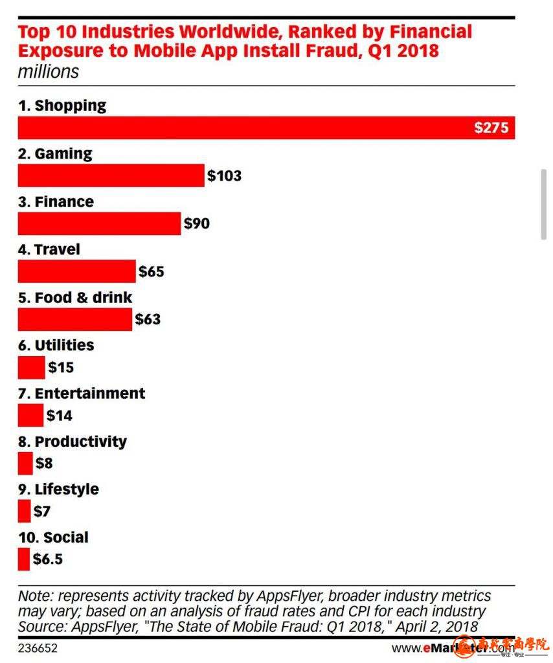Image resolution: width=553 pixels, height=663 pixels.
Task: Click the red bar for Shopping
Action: point(259,128)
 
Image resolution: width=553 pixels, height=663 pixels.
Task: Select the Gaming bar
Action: point(111,175)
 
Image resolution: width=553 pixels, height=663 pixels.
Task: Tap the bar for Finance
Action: point(99,223)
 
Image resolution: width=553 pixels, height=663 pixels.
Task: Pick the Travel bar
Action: point(76,271)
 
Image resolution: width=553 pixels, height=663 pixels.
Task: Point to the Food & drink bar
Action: point(74,319)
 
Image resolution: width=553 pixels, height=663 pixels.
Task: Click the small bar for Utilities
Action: point(31,367)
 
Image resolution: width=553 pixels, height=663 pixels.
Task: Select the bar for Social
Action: point(23,559)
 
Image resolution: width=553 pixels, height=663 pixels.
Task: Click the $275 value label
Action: point(491,128)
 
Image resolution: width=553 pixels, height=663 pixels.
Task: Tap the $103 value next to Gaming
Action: point(224,175)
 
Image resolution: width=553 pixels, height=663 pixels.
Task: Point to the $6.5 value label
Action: point(48,559)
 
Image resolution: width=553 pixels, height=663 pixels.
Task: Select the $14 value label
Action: point(59,415)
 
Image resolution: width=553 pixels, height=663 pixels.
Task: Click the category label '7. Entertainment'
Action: point(82,394)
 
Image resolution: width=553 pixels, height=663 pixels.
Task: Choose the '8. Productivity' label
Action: point(72,442)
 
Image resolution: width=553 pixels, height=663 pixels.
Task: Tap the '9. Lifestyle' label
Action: point(58,489)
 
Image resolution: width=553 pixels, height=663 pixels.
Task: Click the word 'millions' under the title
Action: point(48,71)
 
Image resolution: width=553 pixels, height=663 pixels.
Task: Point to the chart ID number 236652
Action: point(38,647)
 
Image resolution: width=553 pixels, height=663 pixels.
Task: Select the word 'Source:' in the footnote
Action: point(41,626)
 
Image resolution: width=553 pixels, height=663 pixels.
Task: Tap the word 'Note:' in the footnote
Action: point(36,596)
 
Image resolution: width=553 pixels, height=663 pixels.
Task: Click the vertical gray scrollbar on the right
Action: point(544,204)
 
